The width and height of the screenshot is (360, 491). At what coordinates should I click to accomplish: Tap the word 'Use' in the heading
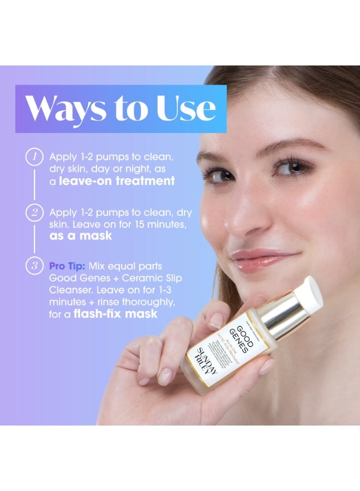186,109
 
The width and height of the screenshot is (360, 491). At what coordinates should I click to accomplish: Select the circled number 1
34,157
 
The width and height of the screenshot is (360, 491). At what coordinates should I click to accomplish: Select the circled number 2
34,212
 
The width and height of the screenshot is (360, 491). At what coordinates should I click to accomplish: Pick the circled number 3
34,266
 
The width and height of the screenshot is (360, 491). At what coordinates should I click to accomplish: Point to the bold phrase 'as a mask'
80,236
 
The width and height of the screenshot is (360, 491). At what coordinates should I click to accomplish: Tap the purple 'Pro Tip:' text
67,266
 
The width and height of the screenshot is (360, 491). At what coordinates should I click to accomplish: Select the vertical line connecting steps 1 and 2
34,184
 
